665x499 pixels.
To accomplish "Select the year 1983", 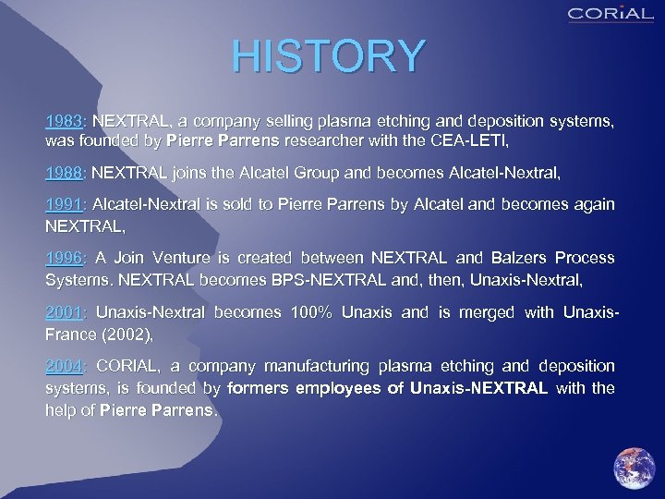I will click(64, 122).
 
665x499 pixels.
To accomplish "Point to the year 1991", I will click(64, 204).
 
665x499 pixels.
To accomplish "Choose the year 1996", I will click(64, 258).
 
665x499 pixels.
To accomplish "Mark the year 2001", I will click(64, 312).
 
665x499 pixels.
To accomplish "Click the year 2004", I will click(64, 366).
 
